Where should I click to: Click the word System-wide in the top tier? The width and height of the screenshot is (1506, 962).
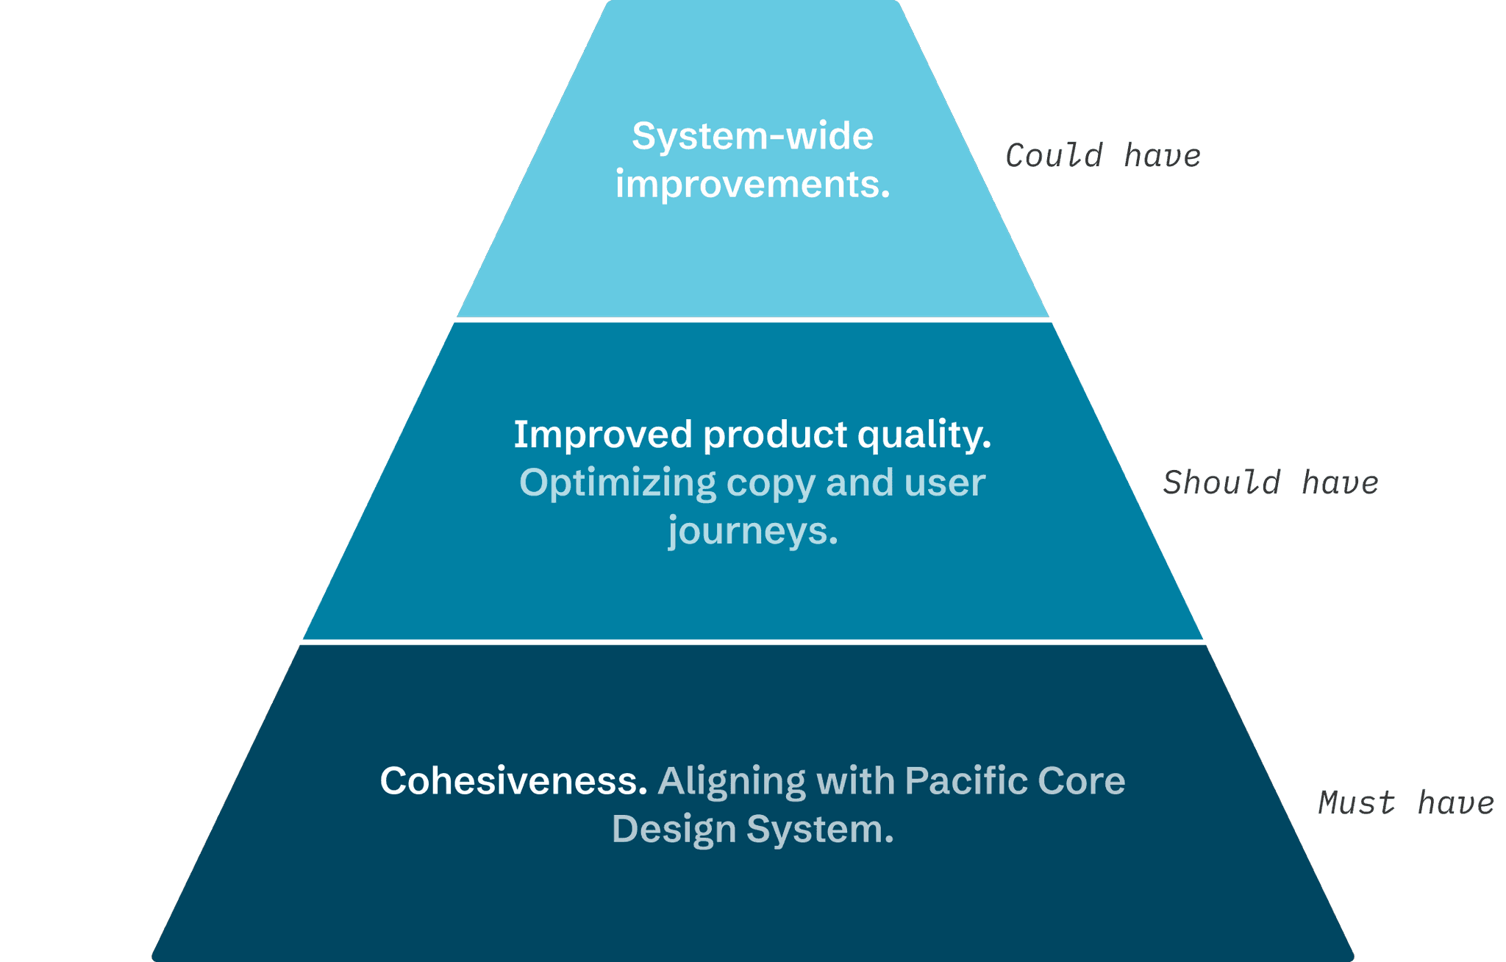752,137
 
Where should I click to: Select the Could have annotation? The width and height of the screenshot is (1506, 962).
1102,156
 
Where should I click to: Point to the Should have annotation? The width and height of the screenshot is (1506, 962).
1270,483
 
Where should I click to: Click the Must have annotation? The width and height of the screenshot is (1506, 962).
1405,802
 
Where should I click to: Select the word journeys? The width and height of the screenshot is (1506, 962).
752,532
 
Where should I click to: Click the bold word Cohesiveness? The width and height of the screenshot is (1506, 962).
513,781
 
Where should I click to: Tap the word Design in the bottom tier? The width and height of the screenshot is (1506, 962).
674,830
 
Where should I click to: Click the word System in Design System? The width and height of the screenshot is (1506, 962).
819,830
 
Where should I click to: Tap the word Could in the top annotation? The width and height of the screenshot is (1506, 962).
1054,156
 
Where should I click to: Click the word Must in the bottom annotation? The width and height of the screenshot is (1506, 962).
1356,802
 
